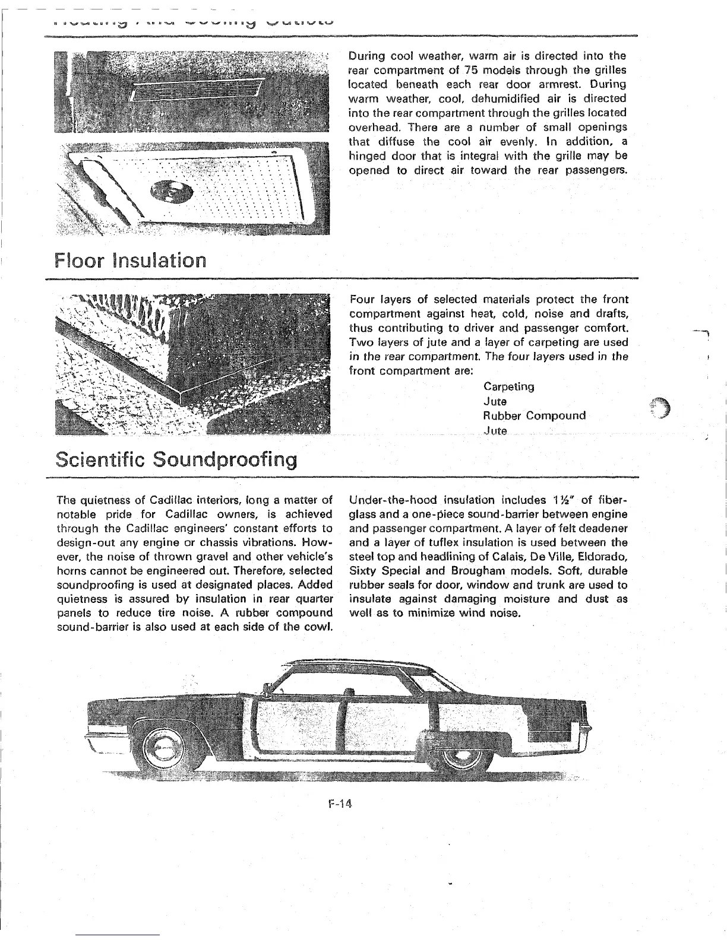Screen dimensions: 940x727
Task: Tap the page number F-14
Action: point(340,805)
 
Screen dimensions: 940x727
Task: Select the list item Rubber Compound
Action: point(535,415)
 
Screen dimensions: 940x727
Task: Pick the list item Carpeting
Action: point(509,387)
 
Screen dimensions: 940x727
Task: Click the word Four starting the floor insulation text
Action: point(362,300)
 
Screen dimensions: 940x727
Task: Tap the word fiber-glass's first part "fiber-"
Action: point(611,500)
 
